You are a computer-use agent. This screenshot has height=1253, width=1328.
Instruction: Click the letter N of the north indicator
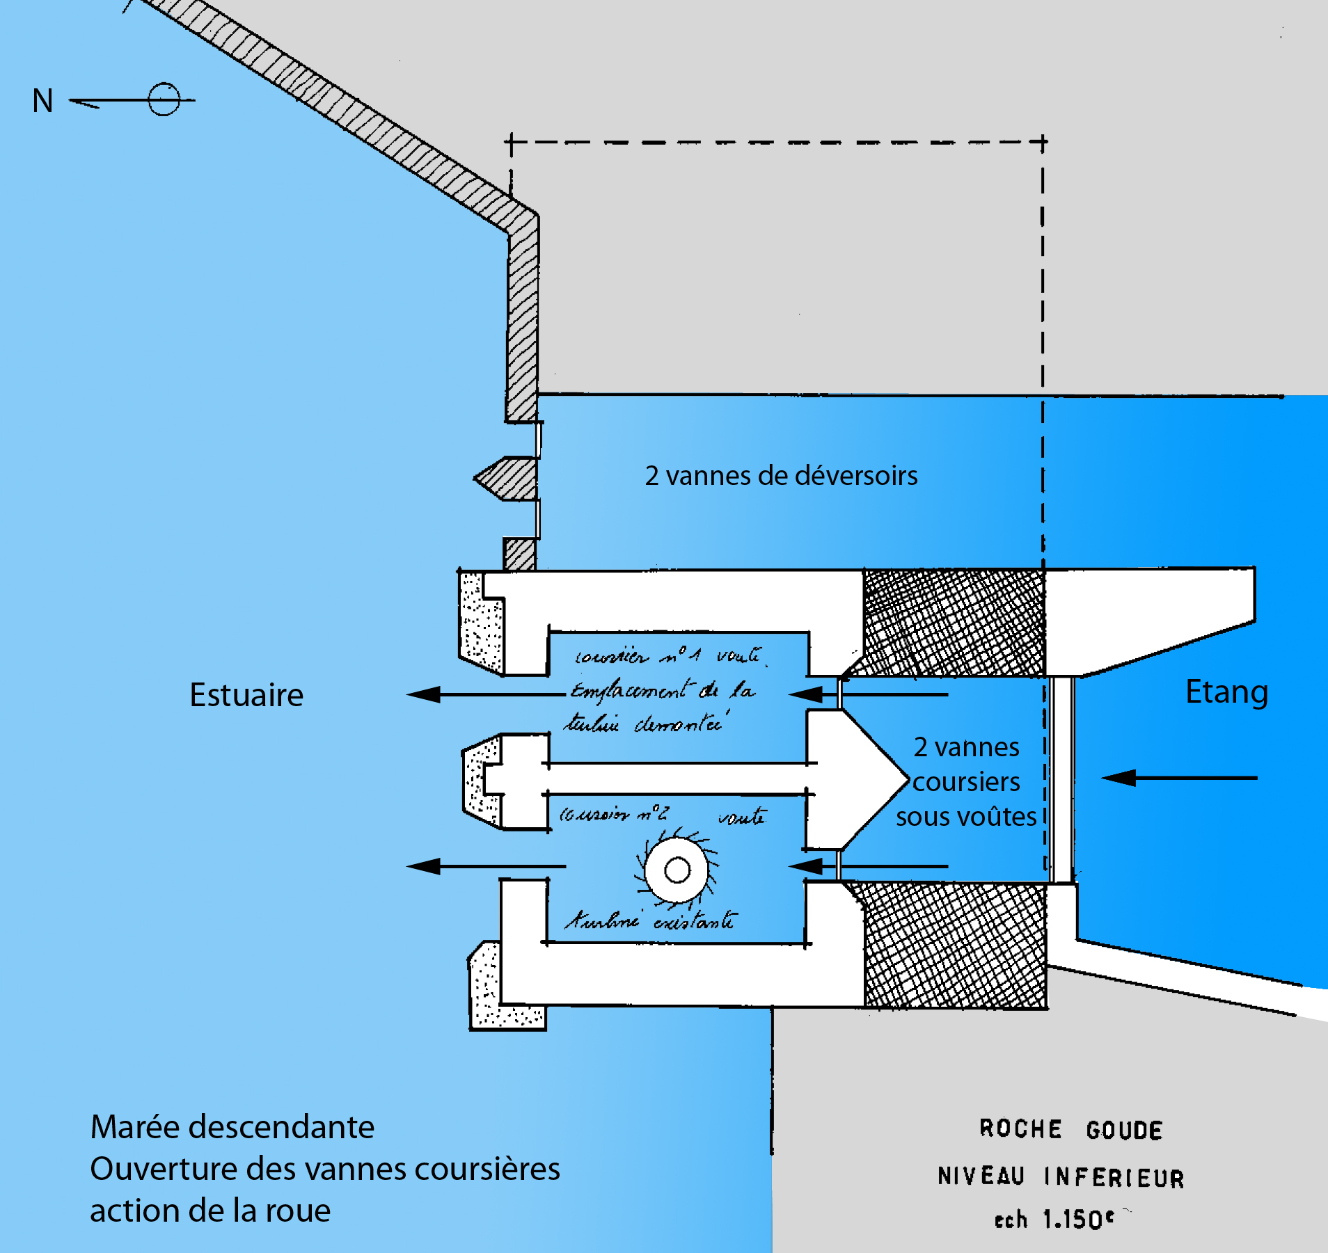click(42, 101)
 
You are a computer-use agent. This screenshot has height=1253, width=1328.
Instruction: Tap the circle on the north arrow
click(164, 99)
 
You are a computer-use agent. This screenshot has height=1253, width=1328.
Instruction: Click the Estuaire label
click(246, 695)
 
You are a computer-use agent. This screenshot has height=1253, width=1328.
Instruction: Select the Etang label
click(1226, 692)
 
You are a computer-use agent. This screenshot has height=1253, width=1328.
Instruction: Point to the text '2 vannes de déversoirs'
click(781, 476)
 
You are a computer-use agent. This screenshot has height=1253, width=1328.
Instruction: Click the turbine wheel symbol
click(677, 870)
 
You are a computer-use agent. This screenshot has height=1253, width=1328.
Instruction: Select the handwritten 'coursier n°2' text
click(614, 813)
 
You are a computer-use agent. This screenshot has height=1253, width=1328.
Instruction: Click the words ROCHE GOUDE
click(1070, 1130)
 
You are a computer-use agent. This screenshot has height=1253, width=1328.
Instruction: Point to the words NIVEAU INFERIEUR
click(1060, 1176)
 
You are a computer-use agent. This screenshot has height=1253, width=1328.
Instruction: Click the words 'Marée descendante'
click(232, 1127)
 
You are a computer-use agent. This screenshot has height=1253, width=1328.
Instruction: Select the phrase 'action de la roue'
click(210, 1211)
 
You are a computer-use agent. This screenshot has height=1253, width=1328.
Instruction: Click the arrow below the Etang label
click(1179, 778)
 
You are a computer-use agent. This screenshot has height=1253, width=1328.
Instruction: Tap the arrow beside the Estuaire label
click(485, 694)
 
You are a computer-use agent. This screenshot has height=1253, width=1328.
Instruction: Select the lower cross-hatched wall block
click(955, 945)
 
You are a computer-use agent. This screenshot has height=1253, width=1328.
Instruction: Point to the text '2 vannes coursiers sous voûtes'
click(966, 782)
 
